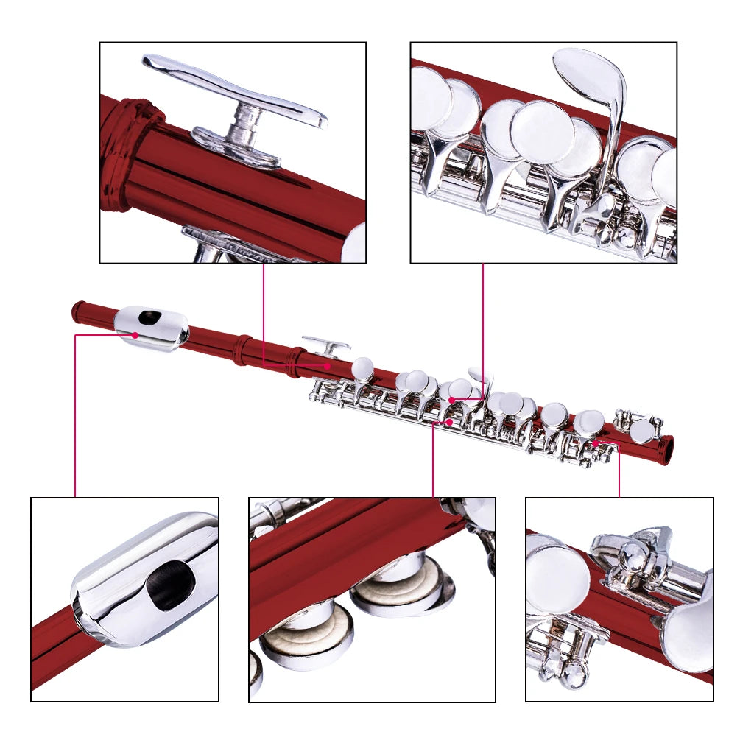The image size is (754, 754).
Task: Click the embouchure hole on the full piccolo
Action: [x=150, y=317]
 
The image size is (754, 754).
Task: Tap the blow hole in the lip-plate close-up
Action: [x=171, y=583]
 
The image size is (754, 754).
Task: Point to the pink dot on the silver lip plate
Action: [x=135, y=335]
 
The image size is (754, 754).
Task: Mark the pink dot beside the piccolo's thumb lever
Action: [x=328, y=364]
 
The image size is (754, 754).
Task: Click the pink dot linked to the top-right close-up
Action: [x=451, y=400]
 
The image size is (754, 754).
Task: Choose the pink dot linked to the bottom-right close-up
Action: [x=593, y=444]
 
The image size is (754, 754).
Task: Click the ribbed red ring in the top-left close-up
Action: [x=125, y=155]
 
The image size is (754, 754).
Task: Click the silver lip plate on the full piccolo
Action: [x=151, y=327]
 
